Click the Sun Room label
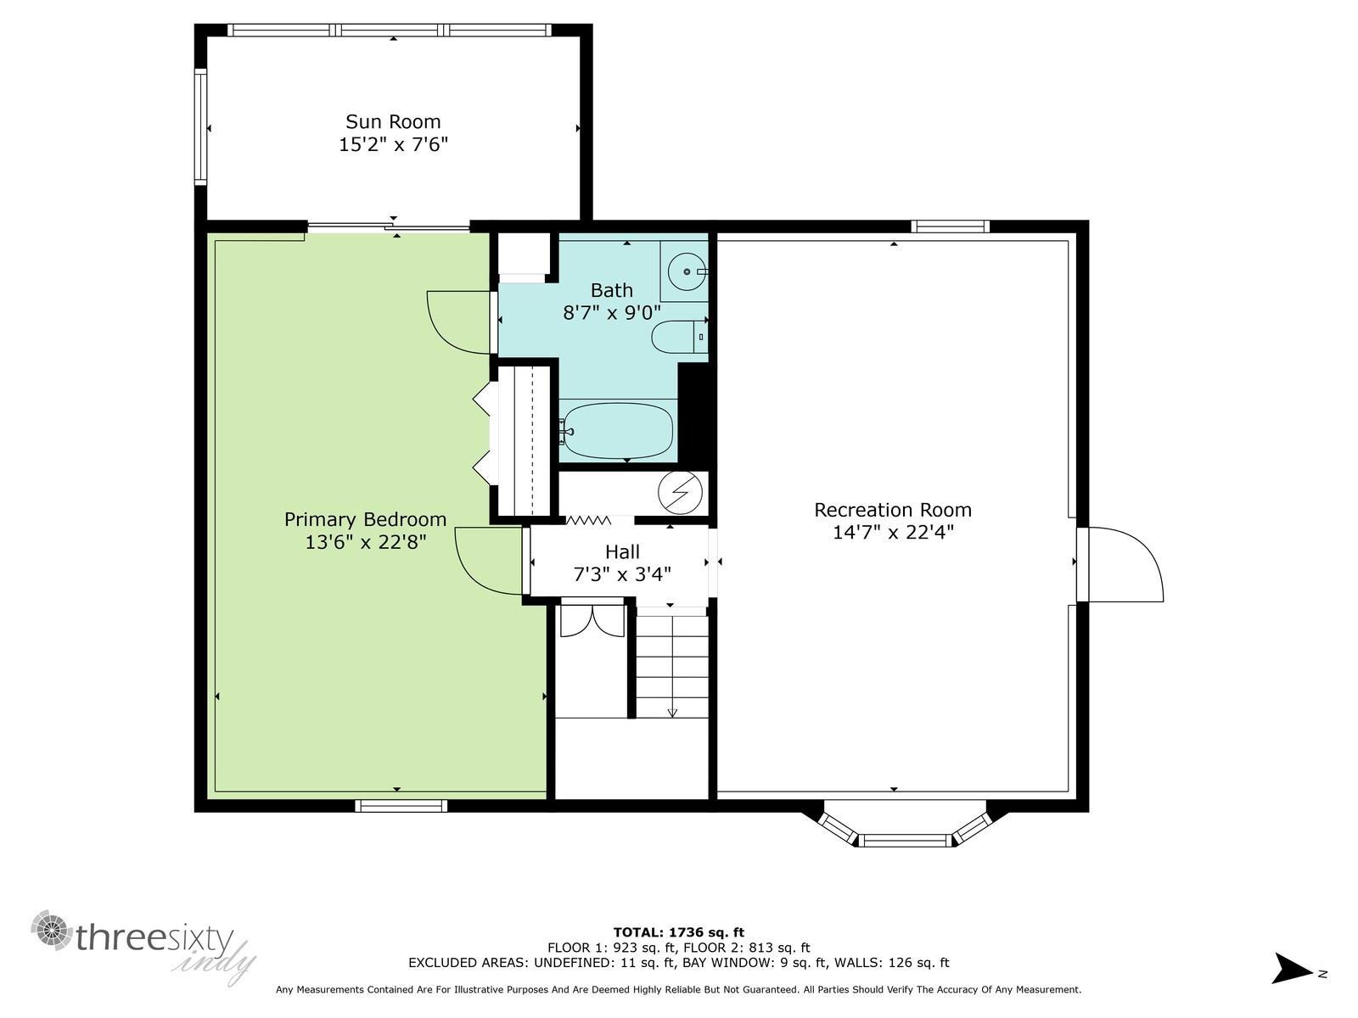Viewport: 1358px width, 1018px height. tap(393, 121)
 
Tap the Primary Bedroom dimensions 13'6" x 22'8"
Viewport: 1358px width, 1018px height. tap(365, 542)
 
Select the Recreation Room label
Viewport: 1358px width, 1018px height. tap(892, 510)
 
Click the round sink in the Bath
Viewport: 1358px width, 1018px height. tap(684, 271)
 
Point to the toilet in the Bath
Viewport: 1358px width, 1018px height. tap(678, 338)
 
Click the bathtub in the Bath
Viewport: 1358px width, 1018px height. tap(617, 431)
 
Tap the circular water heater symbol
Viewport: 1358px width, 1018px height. tap(682, 492)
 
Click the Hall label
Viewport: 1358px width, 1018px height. tap(622, 552)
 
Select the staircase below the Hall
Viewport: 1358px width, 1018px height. tap(672, 666)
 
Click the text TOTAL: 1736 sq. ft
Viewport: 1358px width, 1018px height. tap(678, 932)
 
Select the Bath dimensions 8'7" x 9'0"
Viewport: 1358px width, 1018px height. tap(612, 312)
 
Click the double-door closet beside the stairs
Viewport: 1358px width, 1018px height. tap(592, 619)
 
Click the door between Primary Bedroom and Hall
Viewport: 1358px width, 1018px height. tap(489, 560)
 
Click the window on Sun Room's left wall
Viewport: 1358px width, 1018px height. tap(201, 127)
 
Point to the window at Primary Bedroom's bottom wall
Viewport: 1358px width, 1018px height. tap(401, 806)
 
